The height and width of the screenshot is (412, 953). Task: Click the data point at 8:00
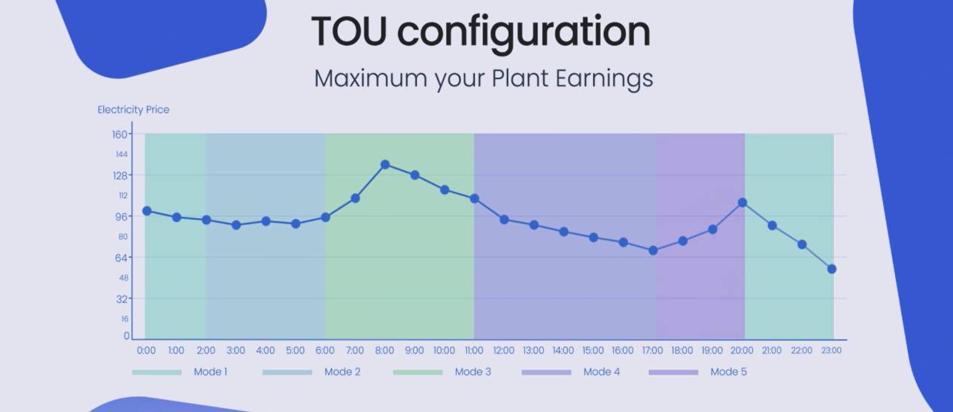point(385,164)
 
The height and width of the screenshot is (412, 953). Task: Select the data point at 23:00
point(831,269)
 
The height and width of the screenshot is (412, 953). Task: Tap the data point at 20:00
point(742,202)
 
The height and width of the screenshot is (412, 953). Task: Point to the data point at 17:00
point(653,250)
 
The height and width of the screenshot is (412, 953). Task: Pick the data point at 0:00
point(147,211)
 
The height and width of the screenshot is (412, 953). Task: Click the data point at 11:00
point(475,198)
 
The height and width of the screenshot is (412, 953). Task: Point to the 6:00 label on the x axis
point(325,350)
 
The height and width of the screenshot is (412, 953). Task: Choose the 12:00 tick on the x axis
point(504,350)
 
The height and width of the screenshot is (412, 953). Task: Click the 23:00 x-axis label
point(831,350)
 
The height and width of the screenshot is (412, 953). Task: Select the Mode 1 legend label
point(211,372)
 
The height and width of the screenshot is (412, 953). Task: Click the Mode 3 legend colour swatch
point(417,372)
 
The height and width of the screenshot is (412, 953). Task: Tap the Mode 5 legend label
point(728,372)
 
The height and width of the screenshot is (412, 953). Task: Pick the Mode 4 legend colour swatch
point(546,372)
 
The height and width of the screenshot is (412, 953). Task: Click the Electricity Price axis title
point(133,110)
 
